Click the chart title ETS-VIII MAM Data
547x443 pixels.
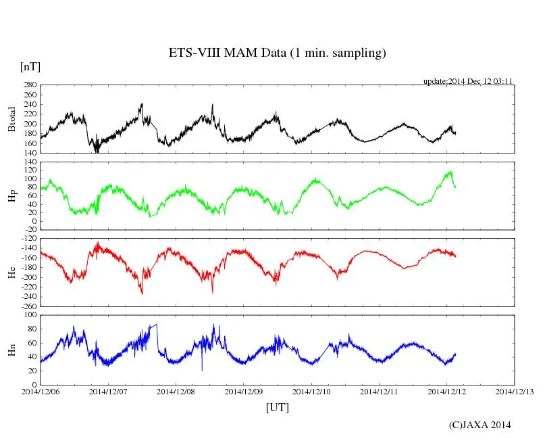tap(277, 53)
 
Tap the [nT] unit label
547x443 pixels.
tap(30, 67)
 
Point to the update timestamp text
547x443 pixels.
tap(468, 81)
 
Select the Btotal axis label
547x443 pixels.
tap(11, 119)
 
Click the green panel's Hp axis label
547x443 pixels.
tap(11, 196)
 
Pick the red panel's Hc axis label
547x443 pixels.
tap(11, 273)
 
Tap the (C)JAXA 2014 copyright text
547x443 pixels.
tap(479, 425)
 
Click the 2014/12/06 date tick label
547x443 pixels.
tap(40, 392)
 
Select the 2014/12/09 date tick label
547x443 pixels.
tap(244, 392)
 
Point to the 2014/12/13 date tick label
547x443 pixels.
tap(515, 392)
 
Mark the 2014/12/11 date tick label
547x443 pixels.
tap(379, 392)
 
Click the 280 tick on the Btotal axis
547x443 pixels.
tap(30, 85)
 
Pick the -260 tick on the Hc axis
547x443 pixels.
tap(28, 306)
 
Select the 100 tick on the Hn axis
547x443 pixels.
tap(30, 314)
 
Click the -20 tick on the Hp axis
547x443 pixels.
tap(30, 229)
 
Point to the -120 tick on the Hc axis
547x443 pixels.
tap(28, 239)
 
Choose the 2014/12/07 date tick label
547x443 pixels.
tap(108, 392)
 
